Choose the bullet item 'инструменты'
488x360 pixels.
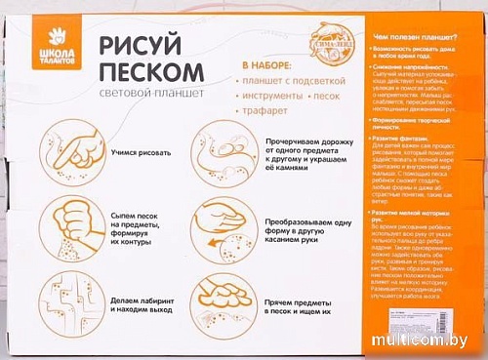pos(268,99)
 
